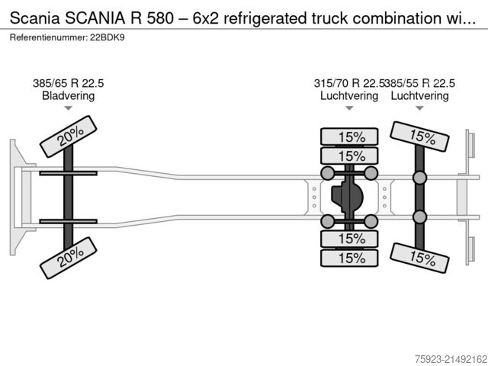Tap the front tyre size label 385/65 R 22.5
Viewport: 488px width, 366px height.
(x=69, y=83)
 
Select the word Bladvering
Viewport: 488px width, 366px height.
(x=69, y=96)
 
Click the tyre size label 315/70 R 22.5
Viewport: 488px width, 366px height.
(x=349, y=83)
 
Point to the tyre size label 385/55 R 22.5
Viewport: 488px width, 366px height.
(x=420, y=83)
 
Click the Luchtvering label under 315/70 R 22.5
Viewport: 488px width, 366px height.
(x=349, y=96)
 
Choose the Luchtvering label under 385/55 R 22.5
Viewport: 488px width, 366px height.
(x=419, y=96)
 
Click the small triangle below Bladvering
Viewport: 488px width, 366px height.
(x=69, y=108)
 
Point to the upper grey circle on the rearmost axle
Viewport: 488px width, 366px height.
(x=419, y=178)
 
